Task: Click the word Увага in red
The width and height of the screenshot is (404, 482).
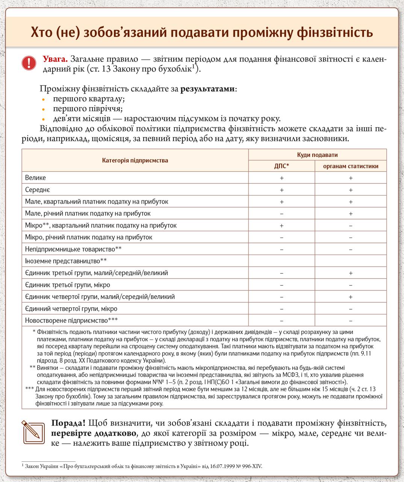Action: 55,59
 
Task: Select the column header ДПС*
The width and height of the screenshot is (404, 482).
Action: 281,166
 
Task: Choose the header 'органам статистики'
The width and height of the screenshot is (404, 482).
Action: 351,166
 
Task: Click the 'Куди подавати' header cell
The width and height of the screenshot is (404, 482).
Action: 317,155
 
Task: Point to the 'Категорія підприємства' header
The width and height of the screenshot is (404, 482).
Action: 135,160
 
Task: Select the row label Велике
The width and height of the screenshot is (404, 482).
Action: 35,178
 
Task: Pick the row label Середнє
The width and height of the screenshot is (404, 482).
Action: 37,190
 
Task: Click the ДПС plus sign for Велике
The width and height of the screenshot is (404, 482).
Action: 281,178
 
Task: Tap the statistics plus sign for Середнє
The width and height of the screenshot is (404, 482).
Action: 351,190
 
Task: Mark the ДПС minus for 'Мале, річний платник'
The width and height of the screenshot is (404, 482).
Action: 281,214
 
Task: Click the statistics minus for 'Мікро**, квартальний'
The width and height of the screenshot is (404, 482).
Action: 351,226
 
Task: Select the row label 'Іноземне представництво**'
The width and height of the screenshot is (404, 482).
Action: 66,261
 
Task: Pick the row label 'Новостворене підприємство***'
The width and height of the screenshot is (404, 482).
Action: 71,321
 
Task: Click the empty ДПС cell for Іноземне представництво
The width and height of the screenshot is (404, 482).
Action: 281,261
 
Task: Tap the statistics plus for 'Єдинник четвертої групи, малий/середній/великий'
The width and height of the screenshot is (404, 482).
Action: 351,297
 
